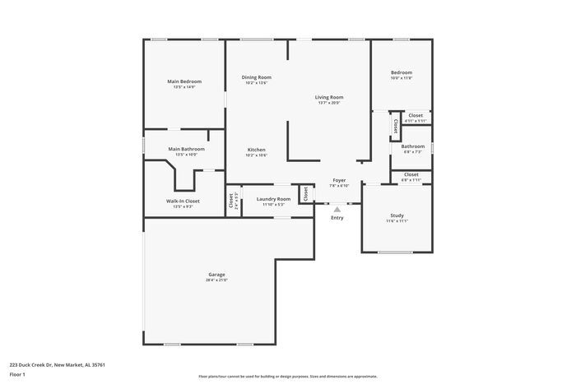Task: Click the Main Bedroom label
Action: coord(184,81)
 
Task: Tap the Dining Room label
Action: coord(256,77)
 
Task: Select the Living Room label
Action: coord(329,97)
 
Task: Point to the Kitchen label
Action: coord(256,150)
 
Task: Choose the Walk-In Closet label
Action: coord(183,201)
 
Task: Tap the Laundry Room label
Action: coord(273,199)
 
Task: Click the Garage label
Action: coord(216,275)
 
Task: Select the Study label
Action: coord(397,215)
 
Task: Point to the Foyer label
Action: coord(339,180)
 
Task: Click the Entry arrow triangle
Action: coord(337,209)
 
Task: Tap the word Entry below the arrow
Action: coord(337,218)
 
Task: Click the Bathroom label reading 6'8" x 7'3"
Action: coord(412,146)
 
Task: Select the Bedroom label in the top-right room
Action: coord(401,73)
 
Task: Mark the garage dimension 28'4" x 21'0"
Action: coord(216,280)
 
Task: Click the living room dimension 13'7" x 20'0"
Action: coord(329,103)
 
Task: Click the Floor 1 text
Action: coord(18,374)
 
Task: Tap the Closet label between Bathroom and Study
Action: coord(411,174)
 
